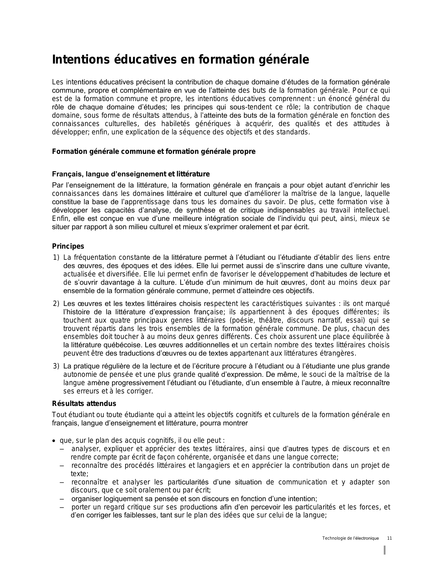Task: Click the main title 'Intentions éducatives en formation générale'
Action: point(180,60)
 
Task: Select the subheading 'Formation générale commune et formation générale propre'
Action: point(154,152)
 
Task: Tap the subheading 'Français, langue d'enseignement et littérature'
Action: point(131,174)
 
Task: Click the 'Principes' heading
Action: point(68,246)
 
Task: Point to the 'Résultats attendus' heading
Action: point(84,404)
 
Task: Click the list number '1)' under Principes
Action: point(56,257)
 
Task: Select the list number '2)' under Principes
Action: point(56,304)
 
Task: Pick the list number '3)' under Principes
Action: point(56,366)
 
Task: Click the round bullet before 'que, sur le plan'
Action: point(54,441)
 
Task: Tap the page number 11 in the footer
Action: point(389,538)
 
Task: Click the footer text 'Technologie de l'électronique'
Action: point(350,538)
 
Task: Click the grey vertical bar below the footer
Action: point(385,550)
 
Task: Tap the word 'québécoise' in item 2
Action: point(122,345)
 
